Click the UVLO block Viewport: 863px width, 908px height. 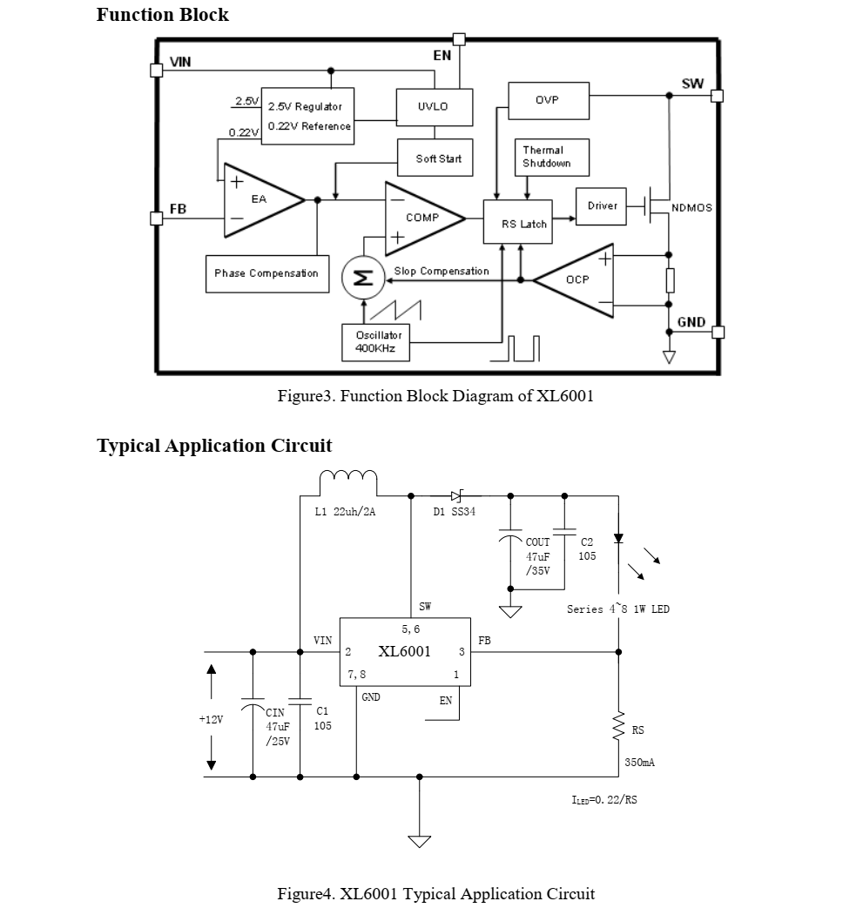(433, 107)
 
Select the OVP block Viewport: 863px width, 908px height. (548, 100)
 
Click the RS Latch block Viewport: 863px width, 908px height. (523, 223)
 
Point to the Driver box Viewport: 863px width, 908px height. (602, 206)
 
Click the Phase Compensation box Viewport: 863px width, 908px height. (267, 273)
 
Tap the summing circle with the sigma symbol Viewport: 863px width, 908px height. (359, 278)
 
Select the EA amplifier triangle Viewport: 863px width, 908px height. (259, 200)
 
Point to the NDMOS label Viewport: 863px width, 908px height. (691, 208)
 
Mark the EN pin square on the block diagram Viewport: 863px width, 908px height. (459, 38)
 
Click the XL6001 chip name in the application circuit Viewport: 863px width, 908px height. (404, 651)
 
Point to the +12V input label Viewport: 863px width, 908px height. (211, 720)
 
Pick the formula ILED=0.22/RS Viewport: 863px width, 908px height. (603, 798)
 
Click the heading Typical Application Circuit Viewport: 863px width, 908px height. (214, 446)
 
